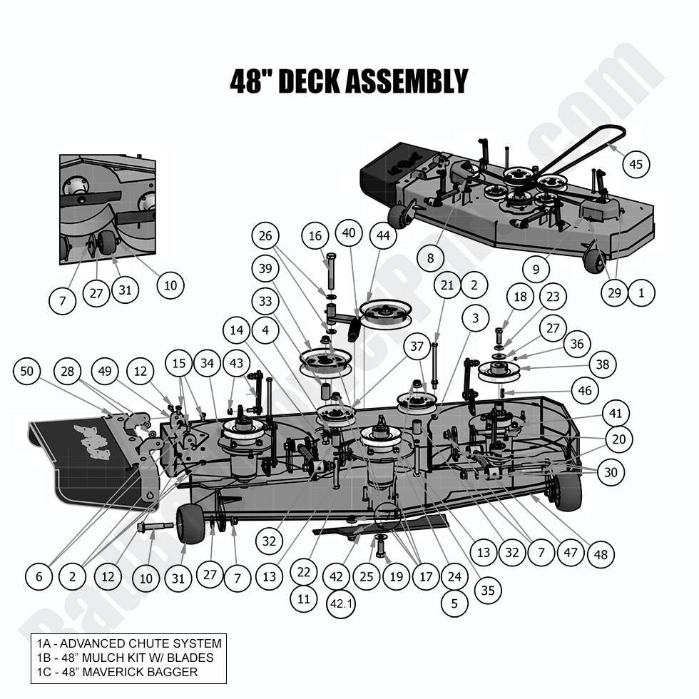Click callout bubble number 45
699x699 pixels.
coord(636,164)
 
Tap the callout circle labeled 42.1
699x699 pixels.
coord(341,603)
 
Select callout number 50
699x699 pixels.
coord(26,371)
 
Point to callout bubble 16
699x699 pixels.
coord(315,236)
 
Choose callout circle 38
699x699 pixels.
coord(603,365)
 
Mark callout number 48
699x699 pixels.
coord(601,554)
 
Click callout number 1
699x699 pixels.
coord(641,292)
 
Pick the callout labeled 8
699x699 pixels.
coord(429,258)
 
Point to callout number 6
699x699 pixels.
coord(39,576)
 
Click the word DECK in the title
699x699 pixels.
coord(307,81)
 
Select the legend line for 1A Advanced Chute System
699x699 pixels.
coord(129,644)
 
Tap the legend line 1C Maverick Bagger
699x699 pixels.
coord(117,672)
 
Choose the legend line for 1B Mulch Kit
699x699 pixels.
coord(125,658)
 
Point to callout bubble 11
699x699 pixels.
coord(304,599)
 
